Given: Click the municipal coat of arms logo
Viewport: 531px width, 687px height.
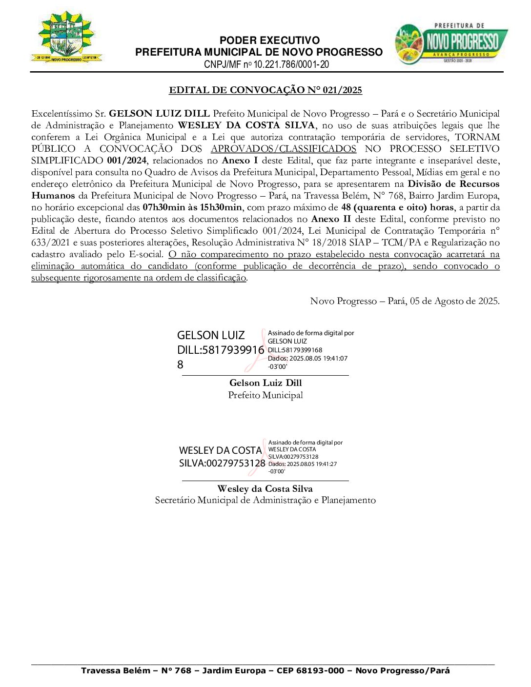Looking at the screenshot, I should pos(66,37).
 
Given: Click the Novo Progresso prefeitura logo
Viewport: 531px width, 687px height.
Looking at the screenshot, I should pos(451,43).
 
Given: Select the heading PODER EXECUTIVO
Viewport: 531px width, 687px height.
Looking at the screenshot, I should pos(269,40).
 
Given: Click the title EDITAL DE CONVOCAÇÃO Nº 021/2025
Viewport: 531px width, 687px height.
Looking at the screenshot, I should pos(265,90).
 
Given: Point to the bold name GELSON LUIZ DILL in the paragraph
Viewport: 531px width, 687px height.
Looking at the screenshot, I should pos(159,114).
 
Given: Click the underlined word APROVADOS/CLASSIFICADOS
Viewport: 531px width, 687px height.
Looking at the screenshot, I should pos(284,149).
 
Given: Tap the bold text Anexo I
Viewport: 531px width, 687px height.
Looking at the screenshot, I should pos(240,161).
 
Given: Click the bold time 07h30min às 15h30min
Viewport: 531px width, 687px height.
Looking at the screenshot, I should pos(192,207).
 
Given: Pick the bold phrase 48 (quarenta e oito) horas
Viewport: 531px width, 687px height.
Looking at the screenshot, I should pos(397,207).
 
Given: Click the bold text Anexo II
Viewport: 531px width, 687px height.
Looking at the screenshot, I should pos(331,219).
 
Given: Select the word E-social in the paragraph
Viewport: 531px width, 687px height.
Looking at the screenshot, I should pos(145,254).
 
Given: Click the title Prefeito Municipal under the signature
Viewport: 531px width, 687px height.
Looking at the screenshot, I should pos(265,395).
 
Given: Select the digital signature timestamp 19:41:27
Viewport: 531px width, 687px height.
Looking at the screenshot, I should pos(326,464).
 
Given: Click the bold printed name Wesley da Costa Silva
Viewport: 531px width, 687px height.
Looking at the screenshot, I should pos(265,489).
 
